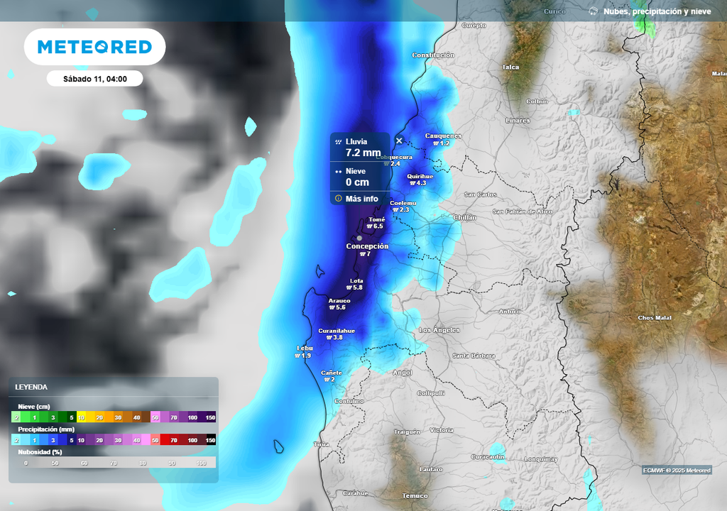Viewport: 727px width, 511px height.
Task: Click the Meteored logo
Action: click(x=94, y=47)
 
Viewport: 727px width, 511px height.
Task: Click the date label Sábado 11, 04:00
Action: click(x=94, y=79)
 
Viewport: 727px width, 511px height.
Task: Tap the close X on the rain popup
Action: click(x=399, y=141)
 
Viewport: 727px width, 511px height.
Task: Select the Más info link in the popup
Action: click(x=361, y=199)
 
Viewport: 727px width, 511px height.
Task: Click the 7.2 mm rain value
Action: click(x=362, y=153)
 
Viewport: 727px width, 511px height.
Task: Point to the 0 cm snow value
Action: click(x=357, y=182)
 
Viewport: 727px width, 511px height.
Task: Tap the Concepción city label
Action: click(x=367, y=246)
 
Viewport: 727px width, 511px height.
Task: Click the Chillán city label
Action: click(x=464, y=217)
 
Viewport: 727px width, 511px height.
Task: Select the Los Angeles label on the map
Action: click(x=439, y=330)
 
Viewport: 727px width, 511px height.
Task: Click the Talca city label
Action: click(x=510, y=67)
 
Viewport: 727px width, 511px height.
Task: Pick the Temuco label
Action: click(x=415, y=495)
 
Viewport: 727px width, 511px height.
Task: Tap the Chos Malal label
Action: click(x=655, y=317)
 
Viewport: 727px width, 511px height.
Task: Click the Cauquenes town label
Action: click(x=443, y=136)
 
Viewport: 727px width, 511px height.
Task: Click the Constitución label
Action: click(x=433, y=55)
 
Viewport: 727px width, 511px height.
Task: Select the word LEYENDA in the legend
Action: click(x=31, y=387)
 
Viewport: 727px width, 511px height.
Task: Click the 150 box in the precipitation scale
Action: click(x=210, y=440)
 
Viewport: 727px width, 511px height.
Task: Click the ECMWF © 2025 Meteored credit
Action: click(x=677, y=471)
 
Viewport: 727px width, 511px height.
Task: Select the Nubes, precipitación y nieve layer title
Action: click(x=657, y=11)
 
